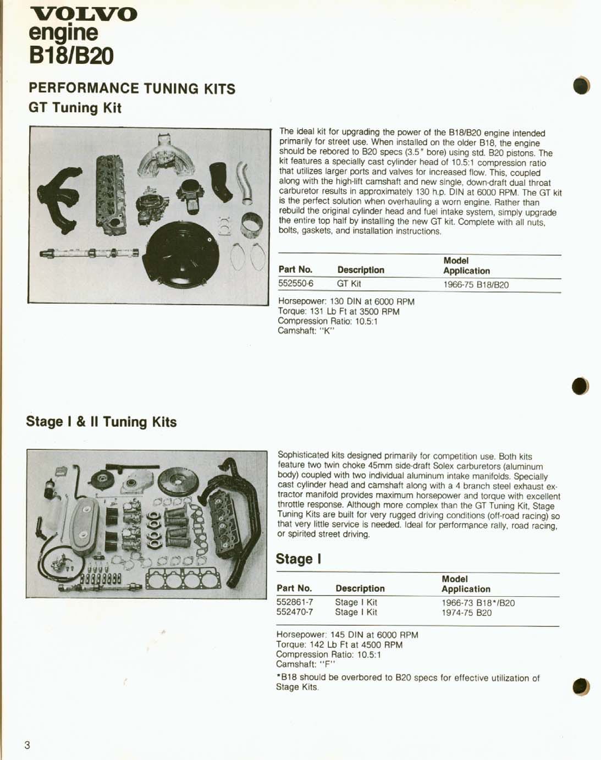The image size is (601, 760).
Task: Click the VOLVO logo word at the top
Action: [x=84, y=14]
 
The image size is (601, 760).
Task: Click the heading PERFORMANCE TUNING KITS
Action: [x=132, y=89]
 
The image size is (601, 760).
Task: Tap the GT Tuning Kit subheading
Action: [x=75, y=108]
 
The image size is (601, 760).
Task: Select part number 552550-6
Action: [x=296, y=284]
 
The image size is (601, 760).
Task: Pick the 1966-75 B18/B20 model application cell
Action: [x=476, y=285]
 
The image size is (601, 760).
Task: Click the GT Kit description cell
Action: [x=349, y=284]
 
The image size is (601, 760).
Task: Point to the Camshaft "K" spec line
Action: [x=306, y=331]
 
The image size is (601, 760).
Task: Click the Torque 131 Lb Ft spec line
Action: [x=339, y=311]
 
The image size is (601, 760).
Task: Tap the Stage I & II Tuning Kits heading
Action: [x=101, y=422]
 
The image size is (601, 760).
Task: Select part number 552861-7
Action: [x=295, y=602]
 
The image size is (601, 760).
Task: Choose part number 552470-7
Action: [x=295, y=612]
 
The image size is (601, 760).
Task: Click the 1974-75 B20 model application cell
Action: [x=466, y=613]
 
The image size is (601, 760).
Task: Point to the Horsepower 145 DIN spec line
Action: [x=347, y=635]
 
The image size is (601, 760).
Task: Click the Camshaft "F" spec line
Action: [x=306, y=664]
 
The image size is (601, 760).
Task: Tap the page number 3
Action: [x=27, y=745]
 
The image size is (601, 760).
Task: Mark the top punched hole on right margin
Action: [x=581, y=86]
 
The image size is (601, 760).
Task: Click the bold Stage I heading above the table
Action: [x=298, y=559]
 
